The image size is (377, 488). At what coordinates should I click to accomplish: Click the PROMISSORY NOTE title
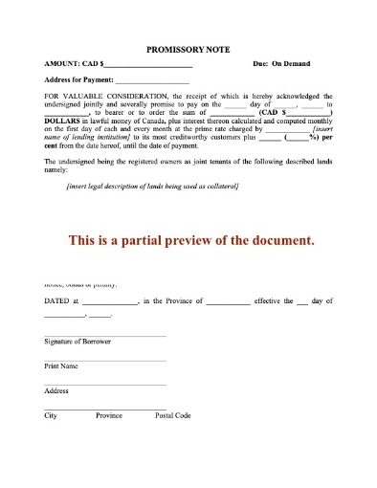(x=188, y=48)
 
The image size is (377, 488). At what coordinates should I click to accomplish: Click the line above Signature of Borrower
(x=104, y=335)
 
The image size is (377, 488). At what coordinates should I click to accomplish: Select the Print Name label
(x=61, y=366)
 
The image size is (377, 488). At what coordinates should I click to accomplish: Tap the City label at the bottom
(x=52, y=416)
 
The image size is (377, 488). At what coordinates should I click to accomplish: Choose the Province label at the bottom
(x=108, y=416)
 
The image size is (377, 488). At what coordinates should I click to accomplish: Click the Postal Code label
(x=173, y=416)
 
